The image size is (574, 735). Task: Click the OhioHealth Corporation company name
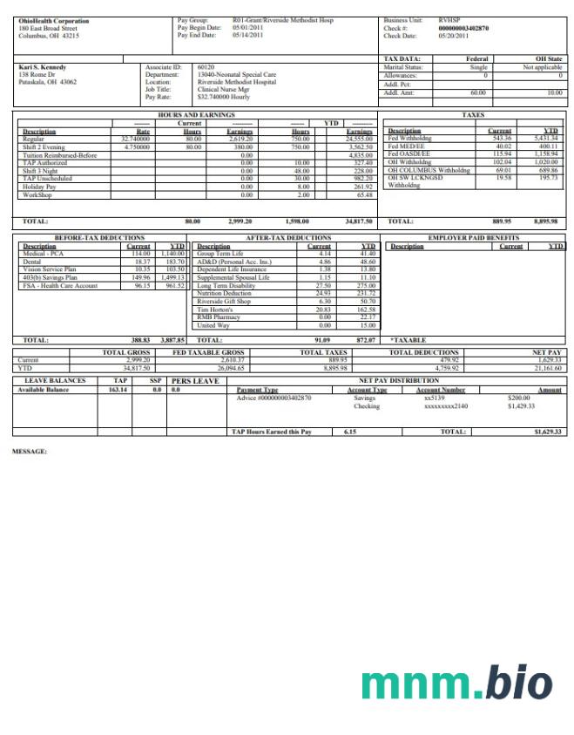(x=53, y=20)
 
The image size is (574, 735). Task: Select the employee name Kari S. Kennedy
(x=43, y=67)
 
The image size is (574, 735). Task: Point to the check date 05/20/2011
(x=453, y=36)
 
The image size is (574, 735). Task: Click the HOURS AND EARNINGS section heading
(x=196, y=115)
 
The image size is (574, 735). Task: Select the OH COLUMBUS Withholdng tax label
(x=429, y=170)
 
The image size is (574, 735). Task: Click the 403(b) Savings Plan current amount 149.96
(x=140, y=277)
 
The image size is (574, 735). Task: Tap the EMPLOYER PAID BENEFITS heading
(x=474, y=237)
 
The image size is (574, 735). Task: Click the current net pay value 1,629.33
(x=548, y=359)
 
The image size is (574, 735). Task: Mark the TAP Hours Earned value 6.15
(x=350, y=432)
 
